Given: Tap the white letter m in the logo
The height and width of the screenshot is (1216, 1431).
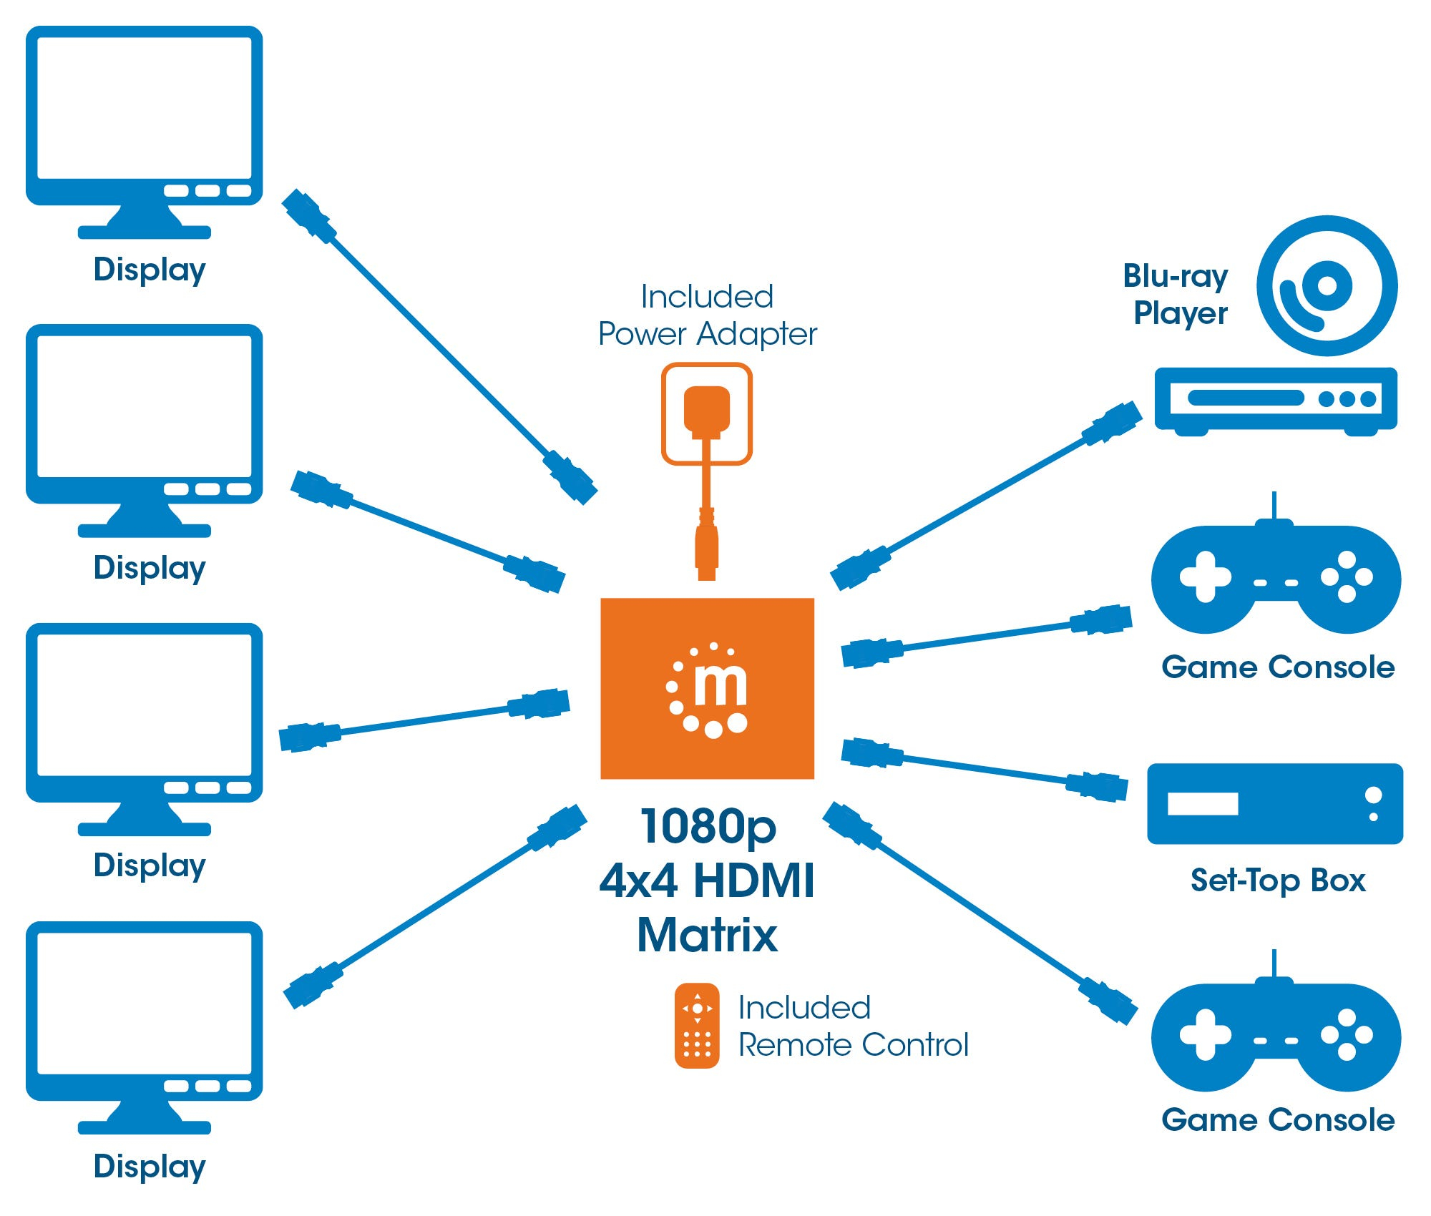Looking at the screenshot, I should pos(721,685).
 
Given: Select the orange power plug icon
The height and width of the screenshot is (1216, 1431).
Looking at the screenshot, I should pos(706,411).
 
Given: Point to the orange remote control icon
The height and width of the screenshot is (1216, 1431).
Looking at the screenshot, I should pos(696,1025).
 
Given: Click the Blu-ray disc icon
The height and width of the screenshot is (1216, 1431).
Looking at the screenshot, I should pos(1327,285).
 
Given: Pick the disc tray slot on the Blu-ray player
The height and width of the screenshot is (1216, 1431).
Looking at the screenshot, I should pos(1246,398).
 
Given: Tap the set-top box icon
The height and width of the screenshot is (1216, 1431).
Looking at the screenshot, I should pos(1274,803).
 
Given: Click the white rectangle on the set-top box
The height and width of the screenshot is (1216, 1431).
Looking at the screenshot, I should pos(1202,803).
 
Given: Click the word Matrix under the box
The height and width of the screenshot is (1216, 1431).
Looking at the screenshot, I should pos(707,935).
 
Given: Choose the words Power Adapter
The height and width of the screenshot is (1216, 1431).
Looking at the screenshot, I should pos(707,334).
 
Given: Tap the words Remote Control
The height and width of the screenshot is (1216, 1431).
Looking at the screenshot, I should pos(853,1045).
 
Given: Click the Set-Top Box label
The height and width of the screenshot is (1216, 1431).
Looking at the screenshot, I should pos(1278,881).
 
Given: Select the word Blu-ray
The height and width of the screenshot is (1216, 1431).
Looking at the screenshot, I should pos(1175,276).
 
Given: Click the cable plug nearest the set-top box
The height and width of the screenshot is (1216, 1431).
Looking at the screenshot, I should pos(1096,786).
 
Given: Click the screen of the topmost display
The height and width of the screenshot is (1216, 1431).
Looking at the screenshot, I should pos(145,107).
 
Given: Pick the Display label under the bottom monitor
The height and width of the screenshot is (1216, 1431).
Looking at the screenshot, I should pos(150,1166).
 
